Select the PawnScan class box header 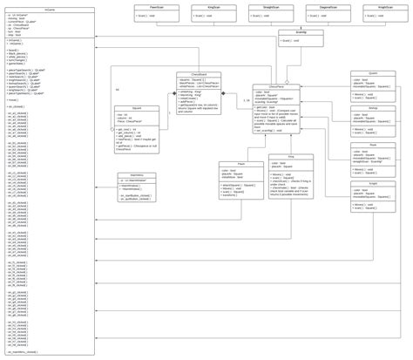(x=157, y=7)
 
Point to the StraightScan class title (x=259, y=7)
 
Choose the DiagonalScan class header (x=328, y=7)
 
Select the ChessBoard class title (x=199, y=74)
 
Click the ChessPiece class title (x=275, y=87)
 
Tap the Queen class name (x=373, y=73)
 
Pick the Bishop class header (x=373, y=109)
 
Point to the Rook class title (x=373, y=146)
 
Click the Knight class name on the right (x=373, y=184)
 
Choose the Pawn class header (x=240, y=164)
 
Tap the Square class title (x=137, y=109)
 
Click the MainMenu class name (x=137, y=175)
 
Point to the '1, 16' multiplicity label (x=247, y=101)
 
